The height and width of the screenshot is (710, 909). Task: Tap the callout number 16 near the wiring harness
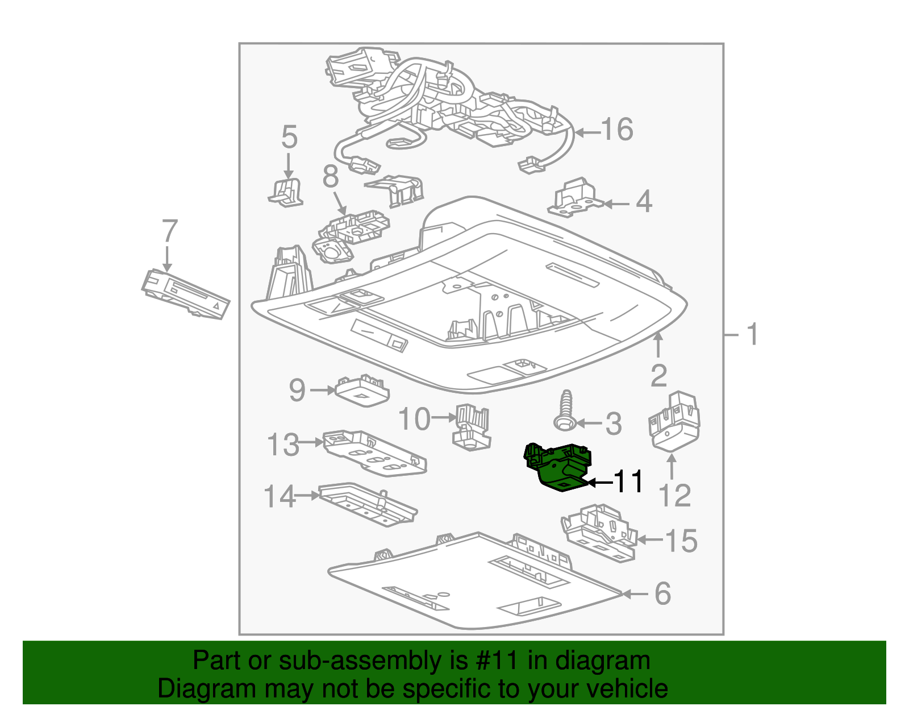(617, 130)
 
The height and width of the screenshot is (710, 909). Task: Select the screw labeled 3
(565, 412)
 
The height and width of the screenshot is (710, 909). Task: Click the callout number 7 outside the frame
(169, 231)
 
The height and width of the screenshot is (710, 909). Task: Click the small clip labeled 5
(286, 192)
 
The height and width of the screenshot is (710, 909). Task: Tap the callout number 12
(674, 496)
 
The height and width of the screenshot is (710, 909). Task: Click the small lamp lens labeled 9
(362, 391)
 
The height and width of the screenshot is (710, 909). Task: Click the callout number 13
(282, 445)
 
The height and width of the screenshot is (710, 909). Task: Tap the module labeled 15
(599, 532)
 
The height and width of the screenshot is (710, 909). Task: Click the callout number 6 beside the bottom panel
(662, 594)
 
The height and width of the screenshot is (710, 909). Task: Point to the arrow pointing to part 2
(658, 344)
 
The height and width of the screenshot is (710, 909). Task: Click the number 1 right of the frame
(752, 334)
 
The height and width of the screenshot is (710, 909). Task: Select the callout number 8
(331, 177)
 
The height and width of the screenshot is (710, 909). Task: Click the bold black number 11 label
(629, 482)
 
